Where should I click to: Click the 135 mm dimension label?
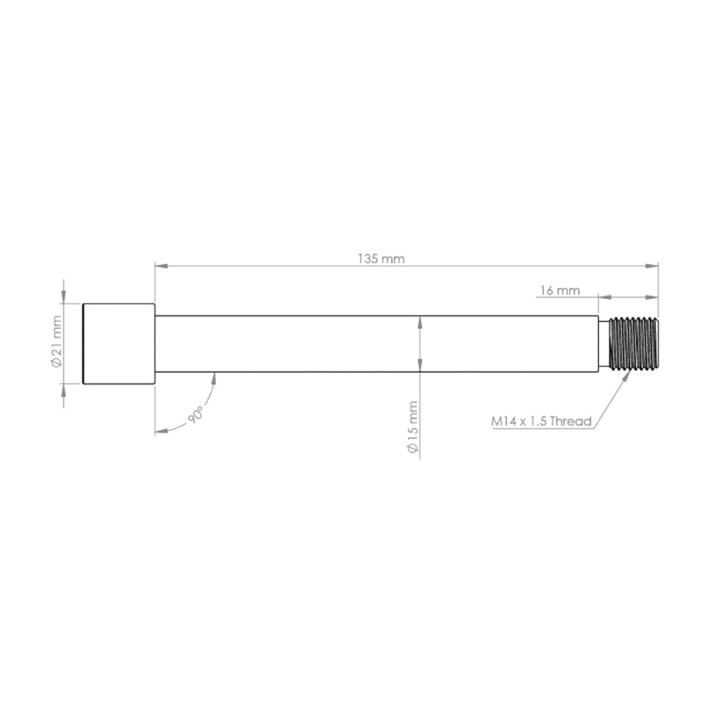(x=381, y=258)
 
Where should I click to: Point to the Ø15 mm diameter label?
(x=413, y=426)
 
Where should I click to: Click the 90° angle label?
(x=196, y=415)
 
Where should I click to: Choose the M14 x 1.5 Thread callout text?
(x=541, y=421)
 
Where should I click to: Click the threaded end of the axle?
(x=634, y=343)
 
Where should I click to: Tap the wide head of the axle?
(x=119, y=344)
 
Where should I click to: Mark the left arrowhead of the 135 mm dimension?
(x=161, y=266)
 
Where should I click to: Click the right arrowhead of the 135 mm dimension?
(x=651, y=266)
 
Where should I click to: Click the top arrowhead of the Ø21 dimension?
(x=63, y=298)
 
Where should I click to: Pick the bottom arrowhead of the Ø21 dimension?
(x=63, y=390)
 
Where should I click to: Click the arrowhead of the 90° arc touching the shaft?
(x=214, y=378)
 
